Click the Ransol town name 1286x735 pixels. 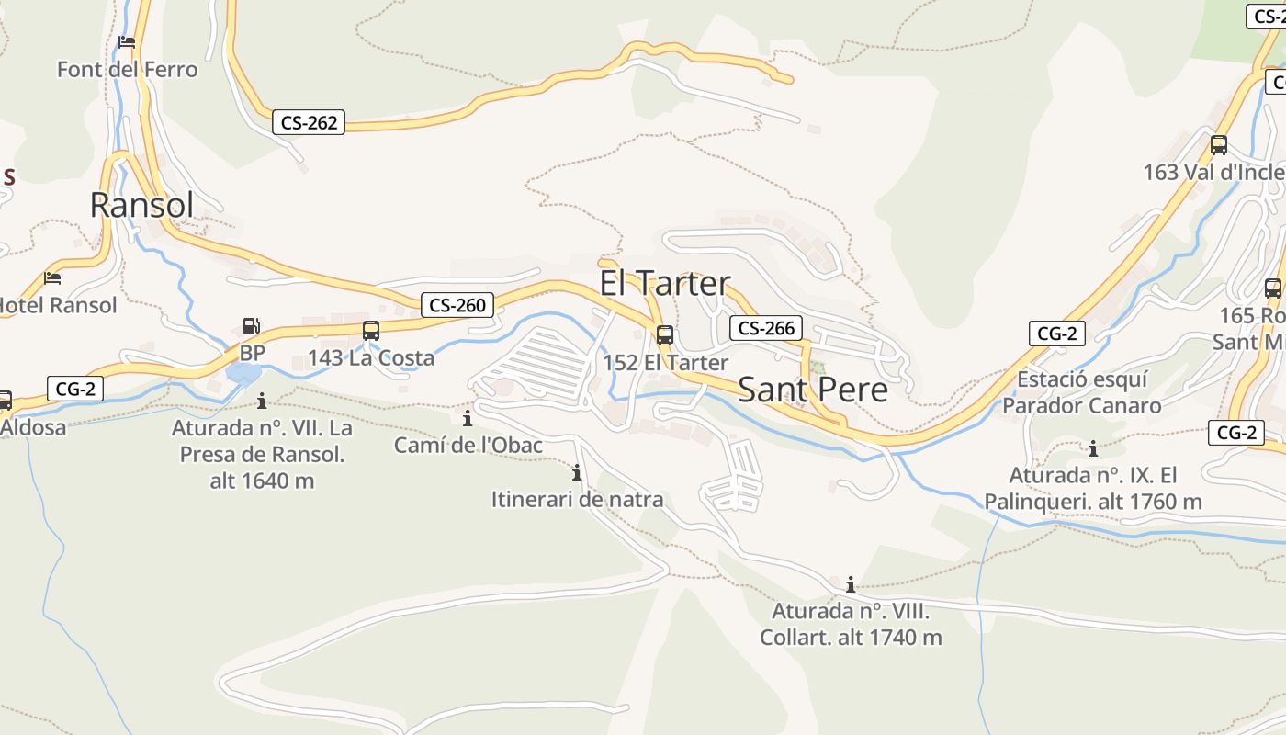click(x=142, y=205)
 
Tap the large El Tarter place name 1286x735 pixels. click(x=665, y=283)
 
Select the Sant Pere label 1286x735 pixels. click(x=813, y=390)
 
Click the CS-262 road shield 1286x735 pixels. click(x=309, y=122)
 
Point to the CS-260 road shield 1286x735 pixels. click(x=457, y=305)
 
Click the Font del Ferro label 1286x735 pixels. click(x=127, y=69)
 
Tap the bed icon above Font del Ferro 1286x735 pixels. click(x=127, y=42)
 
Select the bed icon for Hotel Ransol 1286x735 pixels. click(x=52, y=278)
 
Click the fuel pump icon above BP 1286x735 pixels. click(x=251, y=326)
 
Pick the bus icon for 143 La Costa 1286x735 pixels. click(x=371, y=331)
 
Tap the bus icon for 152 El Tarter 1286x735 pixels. click(x=665, y=335)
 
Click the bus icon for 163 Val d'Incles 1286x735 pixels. click(x=1219, y=145)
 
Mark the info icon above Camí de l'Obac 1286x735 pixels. click(x=468, y=419)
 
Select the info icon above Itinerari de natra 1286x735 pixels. click(x=577, y=473)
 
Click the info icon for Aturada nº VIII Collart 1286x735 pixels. click(x=851, y=584)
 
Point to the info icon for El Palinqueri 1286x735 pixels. click(x=1093, y=449)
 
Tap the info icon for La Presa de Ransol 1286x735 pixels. click(x=262, y=401)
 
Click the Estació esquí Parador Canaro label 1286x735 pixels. click(x=1082, y=392)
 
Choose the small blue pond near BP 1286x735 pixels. click(x=243, y=373)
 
